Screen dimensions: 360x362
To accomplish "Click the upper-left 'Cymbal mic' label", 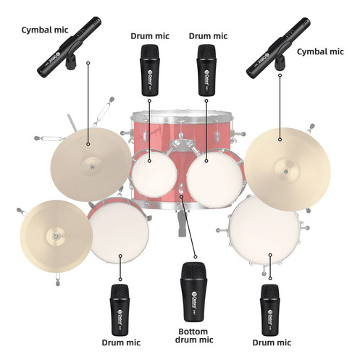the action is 45,30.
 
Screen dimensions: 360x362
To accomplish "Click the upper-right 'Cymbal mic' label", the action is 320,51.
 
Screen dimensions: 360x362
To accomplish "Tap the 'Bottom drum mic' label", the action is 193,336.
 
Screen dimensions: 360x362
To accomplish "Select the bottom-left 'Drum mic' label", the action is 121,342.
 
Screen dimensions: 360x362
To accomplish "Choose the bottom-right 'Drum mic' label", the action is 272,342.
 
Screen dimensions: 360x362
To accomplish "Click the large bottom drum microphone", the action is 193,292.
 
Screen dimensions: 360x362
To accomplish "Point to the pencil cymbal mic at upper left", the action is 69,46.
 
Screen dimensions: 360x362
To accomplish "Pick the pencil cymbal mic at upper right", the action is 278,48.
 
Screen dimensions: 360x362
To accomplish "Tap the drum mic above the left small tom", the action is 150,70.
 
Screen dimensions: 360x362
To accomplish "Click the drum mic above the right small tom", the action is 206,70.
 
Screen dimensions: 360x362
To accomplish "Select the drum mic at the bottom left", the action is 120,310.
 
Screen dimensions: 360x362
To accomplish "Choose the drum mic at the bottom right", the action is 270,310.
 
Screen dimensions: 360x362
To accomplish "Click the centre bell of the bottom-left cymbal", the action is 56,236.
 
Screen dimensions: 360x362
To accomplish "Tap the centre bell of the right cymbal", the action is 286,172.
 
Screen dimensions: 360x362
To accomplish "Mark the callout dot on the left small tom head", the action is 149,161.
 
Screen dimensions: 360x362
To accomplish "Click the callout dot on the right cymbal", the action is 280,140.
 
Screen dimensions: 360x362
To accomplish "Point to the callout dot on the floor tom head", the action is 270,255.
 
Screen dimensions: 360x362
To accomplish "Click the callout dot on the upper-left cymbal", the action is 88,144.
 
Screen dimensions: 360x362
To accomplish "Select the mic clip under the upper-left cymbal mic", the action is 71,62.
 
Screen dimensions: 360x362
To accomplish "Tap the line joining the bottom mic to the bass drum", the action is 188,227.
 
